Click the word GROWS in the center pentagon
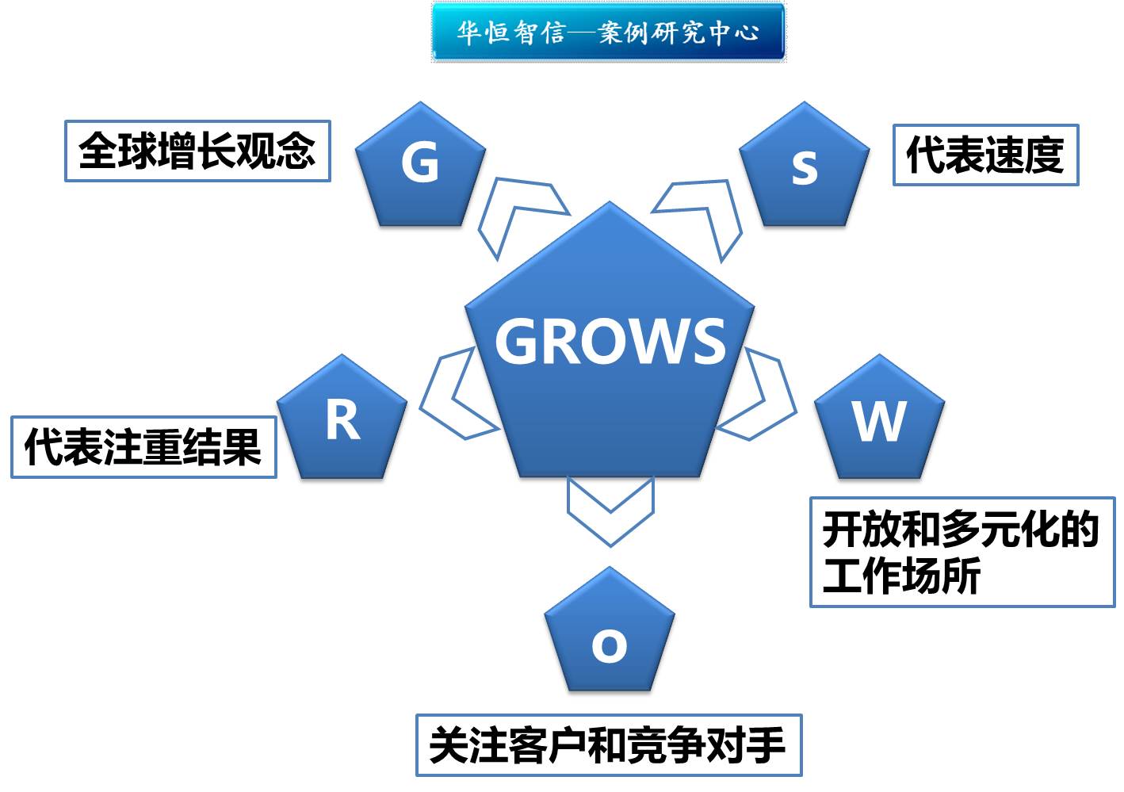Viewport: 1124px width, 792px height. (610, 342)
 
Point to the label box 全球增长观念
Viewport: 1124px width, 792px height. (197, 151)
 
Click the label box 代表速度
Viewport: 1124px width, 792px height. (985, 155)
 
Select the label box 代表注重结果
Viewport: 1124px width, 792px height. (143, 447)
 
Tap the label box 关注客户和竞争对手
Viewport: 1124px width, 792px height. (609, 745)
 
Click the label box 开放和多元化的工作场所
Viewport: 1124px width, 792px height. (962, 552)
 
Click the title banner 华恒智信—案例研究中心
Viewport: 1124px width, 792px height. (608, 33)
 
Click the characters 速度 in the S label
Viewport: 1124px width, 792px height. (1024, 155)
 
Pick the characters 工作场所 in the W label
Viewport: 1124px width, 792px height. (901, 576)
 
